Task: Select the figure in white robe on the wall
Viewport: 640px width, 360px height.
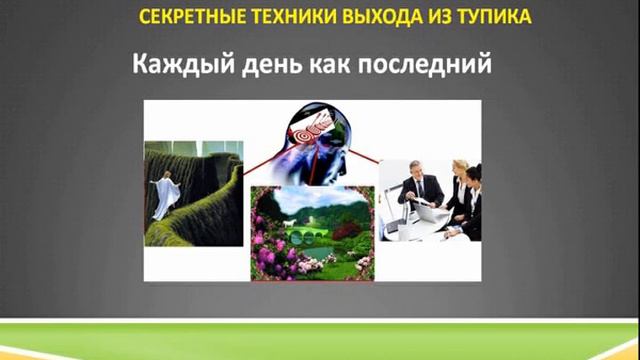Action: [164, 193]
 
